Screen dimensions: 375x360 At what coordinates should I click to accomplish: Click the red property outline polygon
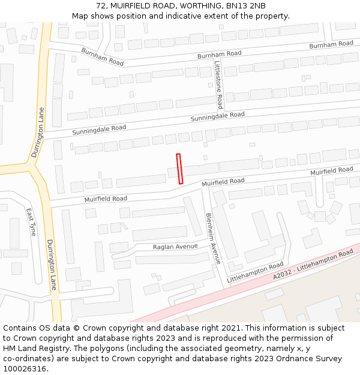coord(179,169)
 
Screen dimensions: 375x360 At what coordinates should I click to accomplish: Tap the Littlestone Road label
coord(219,85)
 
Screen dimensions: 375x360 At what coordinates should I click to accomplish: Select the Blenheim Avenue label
coord(213,238)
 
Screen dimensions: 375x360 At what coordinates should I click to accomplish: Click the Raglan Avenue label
coord(175,247)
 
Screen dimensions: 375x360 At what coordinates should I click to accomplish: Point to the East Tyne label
coord(31,222)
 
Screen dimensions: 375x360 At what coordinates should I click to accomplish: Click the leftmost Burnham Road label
coord(102,57)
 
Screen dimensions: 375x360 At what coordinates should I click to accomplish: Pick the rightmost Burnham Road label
coord(331,44)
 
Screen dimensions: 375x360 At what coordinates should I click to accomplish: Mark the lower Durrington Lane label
coord(52,265)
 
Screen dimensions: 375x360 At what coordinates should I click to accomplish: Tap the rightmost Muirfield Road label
coord(331,171)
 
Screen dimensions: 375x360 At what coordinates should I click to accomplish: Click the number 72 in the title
coord(100,6)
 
